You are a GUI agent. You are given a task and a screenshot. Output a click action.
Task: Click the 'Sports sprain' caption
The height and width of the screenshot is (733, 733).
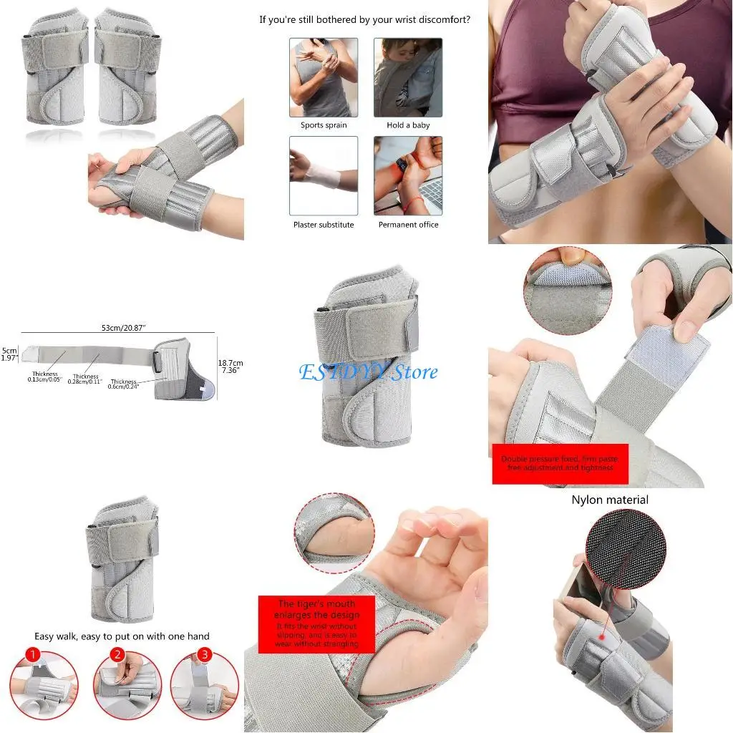324,125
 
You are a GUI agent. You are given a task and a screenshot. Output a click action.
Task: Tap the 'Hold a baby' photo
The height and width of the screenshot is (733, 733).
408,77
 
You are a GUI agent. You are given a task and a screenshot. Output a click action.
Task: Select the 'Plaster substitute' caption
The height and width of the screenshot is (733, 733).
324,225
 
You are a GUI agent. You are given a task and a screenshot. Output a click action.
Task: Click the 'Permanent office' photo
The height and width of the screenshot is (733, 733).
408,175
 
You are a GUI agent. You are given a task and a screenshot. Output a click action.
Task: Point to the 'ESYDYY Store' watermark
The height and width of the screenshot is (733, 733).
369,372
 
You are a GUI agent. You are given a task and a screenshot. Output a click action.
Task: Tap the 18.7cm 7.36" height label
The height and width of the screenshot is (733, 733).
230,366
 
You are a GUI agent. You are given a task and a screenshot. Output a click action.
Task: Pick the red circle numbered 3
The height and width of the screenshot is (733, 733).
205,655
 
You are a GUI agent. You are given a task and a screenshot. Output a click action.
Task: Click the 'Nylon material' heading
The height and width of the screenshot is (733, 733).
610,500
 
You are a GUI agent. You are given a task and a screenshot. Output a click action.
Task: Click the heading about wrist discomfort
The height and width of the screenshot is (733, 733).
365,20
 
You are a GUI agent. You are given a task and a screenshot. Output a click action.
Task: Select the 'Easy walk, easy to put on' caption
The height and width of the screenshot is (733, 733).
122,636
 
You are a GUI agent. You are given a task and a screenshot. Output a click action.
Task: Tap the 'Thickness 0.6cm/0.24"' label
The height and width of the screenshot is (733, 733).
123,384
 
